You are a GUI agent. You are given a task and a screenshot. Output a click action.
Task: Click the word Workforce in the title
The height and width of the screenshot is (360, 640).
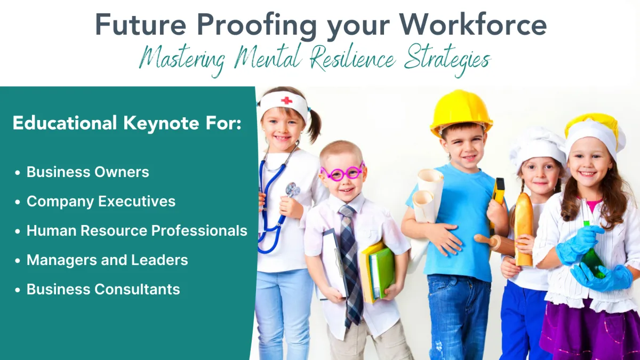click(473, 25)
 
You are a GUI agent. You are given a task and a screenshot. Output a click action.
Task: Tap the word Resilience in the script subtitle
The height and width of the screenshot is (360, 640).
click(354, 58)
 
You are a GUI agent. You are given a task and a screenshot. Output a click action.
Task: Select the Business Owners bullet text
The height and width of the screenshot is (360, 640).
click(87, 172)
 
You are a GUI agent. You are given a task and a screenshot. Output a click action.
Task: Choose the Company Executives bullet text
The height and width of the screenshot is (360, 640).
click(101, 202)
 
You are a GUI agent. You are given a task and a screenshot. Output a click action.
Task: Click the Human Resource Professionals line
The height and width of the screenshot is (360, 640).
click(137, 230)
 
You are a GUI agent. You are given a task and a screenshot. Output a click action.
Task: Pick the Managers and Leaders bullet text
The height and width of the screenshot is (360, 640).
click(107, 260)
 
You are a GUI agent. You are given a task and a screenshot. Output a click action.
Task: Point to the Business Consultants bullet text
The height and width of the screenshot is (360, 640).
click(103, 289)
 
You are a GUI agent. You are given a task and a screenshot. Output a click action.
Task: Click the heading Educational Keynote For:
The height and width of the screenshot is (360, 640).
click(127, 123)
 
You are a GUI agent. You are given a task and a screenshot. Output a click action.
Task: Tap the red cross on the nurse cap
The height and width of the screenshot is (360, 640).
click(286, 101)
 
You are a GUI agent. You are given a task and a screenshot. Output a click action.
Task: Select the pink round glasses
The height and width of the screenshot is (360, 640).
click(342, 173)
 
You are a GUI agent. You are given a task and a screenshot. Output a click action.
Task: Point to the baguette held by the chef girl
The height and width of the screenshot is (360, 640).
click(523, 229)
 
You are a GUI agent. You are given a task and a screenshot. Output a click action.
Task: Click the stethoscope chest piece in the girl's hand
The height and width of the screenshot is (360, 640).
click(292, 190)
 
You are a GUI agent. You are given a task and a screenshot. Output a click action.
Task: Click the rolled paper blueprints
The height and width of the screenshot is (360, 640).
click(427, 196)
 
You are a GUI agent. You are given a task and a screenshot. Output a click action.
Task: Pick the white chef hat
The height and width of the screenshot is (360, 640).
click(537, 149)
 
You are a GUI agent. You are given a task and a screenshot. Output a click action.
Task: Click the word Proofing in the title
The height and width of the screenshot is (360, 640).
click(257, 26)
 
